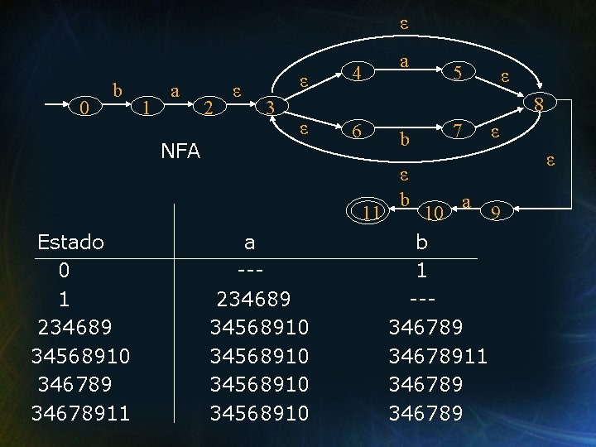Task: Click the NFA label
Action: [180, 151]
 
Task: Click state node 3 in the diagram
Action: [270, 108]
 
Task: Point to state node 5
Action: [456, 74]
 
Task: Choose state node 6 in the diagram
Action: [356, 131]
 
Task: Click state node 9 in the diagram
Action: [496, 213]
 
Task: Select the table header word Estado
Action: [71, 243]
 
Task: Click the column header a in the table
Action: [249, 243]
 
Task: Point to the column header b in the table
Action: [422, 243]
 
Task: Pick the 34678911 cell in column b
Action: [438, 357]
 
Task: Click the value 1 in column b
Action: [422, 271]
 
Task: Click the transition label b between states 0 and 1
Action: [118, 89]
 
